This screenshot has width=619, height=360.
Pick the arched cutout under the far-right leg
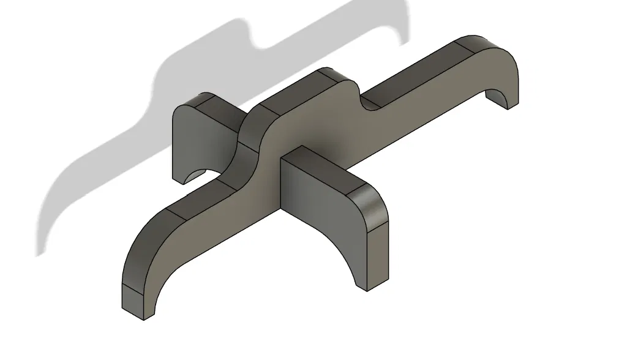pos(497,96)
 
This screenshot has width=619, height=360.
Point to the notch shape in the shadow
pos(260,43)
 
